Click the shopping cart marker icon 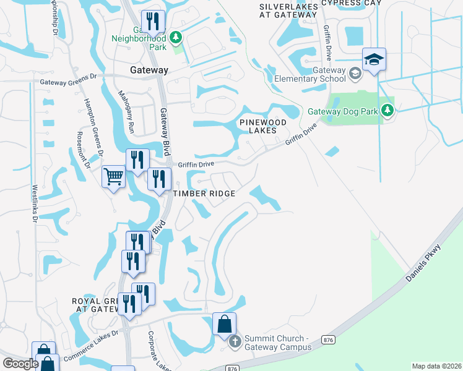114,178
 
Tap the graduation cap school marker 374,59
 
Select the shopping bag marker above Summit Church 224,324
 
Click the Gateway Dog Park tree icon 387,110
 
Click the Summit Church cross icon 234,341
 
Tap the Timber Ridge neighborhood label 204,194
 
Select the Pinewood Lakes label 263,126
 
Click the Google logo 20,364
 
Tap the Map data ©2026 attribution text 436,365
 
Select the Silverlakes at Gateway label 288,10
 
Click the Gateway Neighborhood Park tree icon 176,38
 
